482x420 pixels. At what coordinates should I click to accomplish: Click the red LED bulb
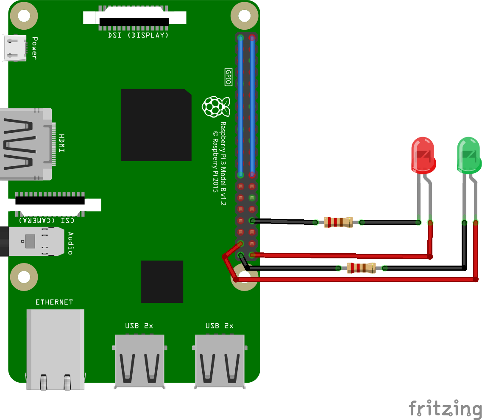tap(423, 155)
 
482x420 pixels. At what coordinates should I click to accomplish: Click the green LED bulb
tap(468, 155)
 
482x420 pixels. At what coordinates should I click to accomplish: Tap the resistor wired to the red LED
tap(338, 222)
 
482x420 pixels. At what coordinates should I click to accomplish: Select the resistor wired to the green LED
tap(361, 268)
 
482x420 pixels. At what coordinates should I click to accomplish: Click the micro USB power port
tap(14, 48)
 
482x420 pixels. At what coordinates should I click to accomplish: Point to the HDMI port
tap(25, 144)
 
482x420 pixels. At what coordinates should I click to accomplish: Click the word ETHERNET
tap(54, 302)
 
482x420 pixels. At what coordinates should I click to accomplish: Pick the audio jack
tap(34, 241)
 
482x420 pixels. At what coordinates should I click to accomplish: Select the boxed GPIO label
tap(228, 77)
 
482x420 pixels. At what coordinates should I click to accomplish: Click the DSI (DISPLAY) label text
tap(139, 35)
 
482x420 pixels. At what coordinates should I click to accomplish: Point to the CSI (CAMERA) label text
tap(47, 220)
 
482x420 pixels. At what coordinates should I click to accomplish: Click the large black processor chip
tap(156, 125)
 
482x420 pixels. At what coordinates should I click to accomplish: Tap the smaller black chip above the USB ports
tap(162, 282)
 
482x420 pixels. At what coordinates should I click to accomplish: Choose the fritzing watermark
tap(445, 408)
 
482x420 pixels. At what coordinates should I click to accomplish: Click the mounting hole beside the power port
tap(24, 16)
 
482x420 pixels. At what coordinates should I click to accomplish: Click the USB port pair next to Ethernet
tap(139, 361)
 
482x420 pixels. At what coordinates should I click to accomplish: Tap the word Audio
tap(70, 243)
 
